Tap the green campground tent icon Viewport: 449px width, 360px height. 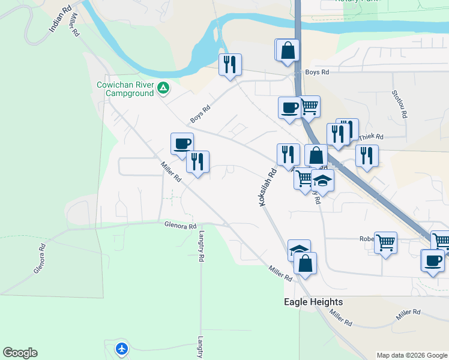click(163, 89)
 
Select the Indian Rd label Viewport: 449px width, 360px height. click(61, 20)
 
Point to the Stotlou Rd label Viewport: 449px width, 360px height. click(399, 103)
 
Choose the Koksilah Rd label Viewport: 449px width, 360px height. click(268, 187)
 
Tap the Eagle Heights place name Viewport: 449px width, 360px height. click(313, 302)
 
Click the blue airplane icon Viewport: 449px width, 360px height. click(122, 348)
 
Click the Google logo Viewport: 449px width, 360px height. click(20, 353)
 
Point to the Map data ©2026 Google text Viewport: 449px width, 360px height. click(411, 355)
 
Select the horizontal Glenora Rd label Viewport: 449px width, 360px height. click(180, 226)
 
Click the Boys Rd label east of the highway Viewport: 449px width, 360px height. click(318, 72)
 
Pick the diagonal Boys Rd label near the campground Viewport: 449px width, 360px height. click(200, 113)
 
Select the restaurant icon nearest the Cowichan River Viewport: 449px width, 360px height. click(230, 64)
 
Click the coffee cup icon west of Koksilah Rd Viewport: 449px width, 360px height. click(182, 143)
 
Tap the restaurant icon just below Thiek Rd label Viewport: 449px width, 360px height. click(366, 155)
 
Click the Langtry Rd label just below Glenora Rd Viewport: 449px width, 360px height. click(202, 246)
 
